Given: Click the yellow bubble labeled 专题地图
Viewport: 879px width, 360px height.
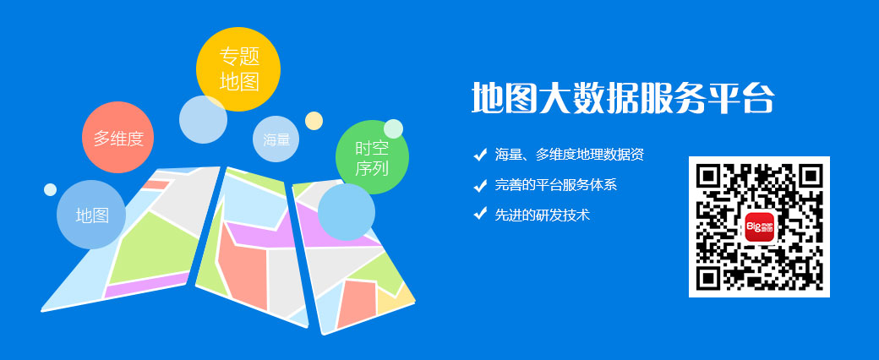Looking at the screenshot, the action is click(238, 69).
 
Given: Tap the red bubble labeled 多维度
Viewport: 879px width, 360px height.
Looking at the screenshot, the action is click(117, 138).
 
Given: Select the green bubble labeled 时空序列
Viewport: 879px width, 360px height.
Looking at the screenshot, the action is click(372, 157).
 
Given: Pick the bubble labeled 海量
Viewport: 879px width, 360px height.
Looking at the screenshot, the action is click(276, 139).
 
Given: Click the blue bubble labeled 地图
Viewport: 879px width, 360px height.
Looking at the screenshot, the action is click(91, 215).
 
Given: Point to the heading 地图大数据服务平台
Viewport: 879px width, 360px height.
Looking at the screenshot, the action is click(623, 99).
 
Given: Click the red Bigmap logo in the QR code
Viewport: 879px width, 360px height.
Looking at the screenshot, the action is click(759, 226).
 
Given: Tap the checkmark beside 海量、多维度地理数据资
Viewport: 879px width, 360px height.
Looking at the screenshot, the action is click(480, 154).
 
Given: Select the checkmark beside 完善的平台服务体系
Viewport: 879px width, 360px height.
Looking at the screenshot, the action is click(480, 184).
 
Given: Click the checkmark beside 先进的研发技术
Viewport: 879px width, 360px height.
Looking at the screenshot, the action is click(480, 214).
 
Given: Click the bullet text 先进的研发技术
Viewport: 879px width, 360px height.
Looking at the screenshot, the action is click(542, 214).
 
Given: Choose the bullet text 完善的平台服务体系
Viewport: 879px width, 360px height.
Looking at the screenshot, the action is click(555, 184).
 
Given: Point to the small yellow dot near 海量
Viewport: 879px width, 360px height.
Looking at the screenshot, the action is click(314, 121).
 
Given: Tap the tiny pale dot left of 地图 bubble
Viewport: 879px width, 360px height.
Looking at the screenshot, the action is click(51, 189).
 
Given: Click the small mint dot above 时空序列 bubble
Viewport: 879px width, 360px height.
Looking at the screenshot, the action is click(394, 128).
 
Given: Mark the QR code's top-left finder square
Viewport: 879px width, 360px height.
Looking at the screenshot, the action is click(708, 176).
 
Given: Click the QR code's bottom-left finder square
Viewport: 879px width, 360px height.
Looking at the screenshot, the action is click(708, 277).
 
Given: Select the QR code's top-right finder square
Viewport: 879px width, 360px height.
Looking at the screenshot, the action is click(810, 176).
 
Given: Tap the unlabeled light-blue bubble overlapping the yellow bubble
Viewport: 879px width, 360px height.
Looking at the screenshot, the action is click(203, 119).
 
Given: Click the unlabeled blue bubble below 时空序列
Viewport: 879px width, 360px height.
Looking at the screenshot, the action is click(347, 212).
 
